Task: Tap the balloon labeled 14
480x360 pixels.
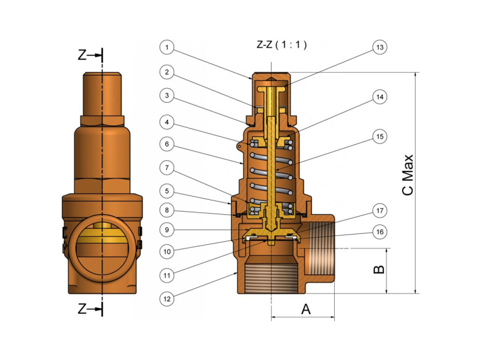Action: click(379, 97)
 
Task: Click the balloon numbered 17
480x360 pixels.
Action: click(379, 211)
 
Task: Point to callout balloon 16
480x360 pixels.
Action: click(379, 232)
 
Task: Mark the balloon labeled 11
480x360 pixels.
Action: click(169, 275)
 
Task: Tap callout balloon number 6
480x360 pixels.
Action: click(169, 145)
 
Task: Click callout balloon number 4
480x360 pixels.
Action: click(169, 122)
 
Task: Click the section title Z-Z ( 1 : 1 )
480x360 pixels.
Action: click(281, 45)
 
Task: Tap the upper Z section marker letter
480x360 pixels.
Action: click(82, 55)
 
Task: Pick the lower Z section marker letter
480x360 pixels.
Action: click(82, 308)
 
